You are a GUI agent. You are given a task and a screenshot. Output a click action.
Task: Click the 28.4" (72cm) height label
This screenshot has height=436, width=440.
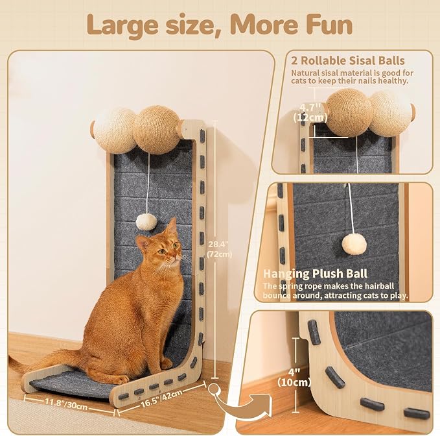pos(219,249)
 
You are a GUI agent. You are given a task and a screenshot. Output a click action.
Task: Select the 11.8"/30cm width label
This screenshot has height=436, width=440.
pos(67,404)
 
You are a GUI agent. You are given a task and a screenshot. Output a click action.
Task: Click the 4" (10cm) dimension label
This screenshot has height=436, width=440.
pos(294,377)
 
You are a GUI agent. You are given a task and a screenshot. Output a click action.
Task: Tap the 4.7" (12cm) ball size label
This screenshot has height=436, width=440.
pos(310,112)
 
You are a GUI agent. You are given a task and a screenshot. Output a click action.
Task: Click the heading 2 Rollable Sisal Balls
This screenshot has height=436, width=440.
pos(348,61)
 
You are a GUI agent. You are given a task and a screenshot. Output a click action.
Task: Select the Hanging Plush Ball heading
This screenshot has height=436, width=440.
pos(315,274)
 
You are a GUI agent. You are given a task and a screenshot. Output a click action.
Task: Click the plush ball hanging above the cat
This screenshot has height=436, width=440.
pos(146,222)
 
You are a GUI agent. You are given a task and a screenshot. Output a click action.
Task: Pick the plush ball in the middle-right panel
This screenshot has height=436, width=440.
pos(354,244)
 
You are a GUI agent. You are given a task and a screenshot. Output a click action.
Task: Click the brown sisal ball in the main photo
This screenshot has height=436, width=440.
pos(156,130)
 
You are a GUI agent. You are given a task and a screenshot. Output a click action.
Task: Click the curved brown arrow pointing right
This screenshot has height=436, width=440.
pos(238,402)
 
